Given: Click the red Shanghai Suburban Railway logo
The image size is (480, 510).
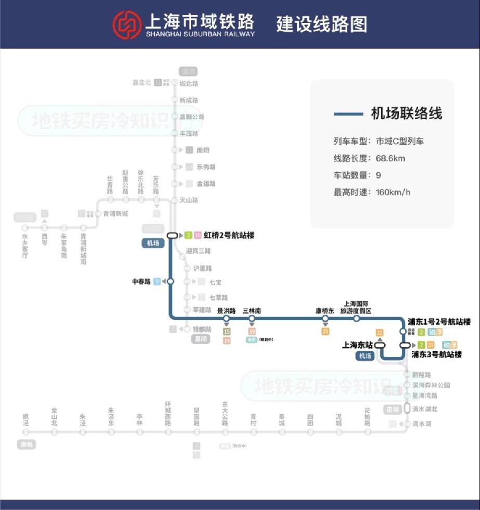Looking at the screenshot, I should (127, 24).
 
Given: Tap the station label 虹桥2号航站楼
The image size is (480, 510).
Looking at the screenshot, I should (229, 235).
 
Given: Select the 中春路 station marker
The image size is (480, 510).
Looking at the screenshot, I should (170, 282).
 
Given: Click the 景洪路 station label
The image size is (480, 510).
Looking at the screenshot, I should (226, 311).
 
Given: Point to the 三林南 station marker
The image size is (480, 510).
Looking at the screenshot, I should (252, 318).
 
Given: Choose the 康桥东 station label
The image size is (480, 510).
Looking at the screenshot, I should (325, 311).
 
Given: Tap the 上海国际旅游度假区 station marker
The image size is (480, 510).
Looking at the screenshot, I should (357, 318).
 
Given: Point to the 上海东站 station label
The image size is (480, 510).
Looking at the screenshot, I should (357, 345).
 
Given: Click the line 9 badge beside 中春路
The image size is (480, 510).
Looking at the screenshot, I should (157, 282).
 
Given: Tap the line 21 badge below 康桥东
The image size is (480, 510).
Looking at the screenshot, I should (325, 331).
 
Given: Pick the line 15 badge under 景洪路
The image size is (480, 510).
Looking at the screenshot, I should (226, 331).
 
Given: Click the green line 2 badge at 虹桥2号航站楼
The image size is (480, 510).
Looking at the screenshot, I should (188, 235).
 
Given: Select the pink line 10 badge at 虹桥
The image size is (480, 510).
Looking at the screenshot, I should (197, 235).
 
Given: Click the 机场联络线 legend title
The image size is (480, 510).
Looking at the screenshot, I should (406, 113).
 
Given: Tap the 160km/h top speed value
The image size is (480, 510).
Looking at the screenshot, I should (393, 192).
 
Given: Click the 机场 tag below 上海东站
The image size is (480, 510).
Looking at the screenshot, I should (365, 356).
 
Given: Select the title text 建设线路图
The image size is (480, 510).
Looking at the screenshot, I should (322, 24).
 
